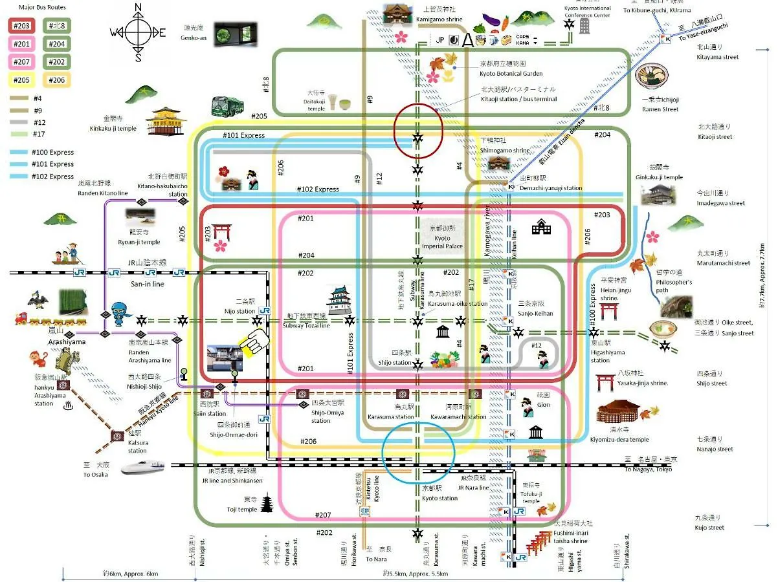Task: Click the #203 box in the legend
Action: pos(21,26)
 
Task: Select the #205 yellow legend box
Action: pos(21,80)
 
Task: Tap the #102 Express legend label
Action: pos(52,177)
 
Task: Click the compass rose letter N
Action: pos(138,8)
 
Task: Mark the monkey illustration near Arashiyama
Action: pos(38,360)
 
